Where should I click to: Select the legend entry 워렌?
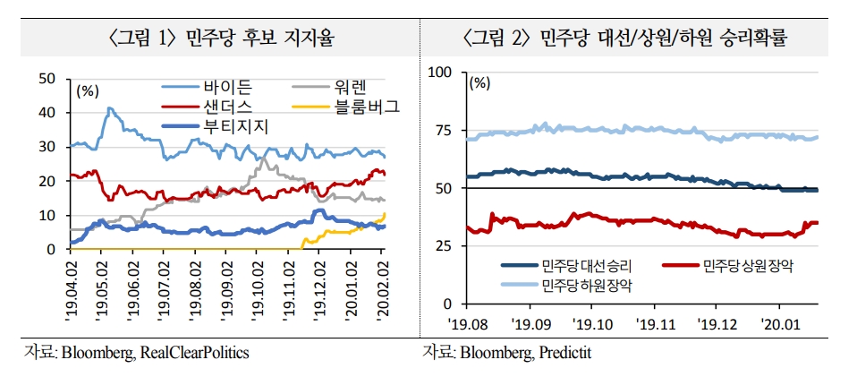point(352,88)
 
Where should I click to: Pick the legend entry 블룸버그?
point(367,107)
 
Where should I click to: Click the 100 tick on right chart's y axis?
point(441,72)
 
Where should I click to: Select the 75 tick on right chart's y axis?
point(445,130)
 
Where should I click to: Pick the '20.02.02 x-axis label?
point(381,281)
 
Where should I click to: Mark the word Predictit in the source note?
point(564,353)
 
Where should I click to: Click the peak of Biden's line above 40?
point(109,109)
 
